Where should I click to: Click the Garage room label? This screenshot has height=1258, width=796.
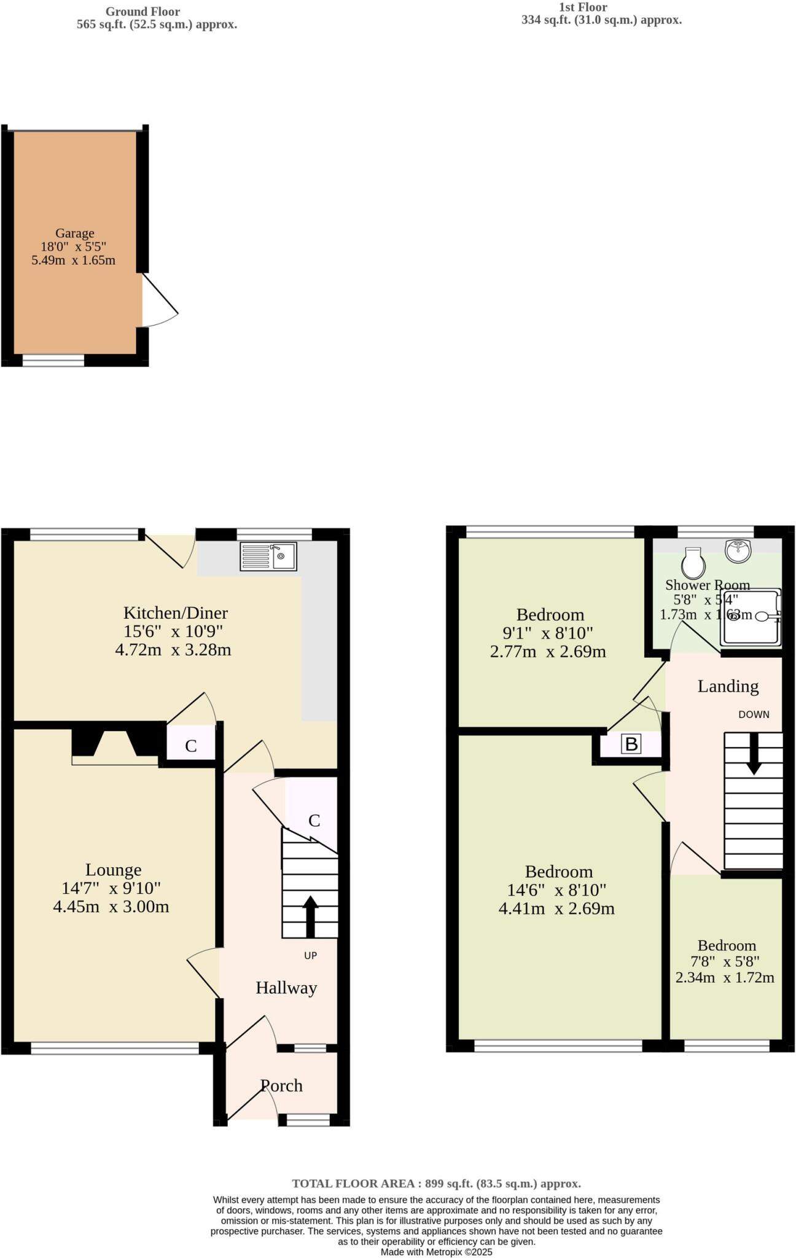(x=74, y=233)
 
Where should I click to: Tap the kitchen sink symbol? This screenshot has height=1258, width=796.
(x=268, y=557)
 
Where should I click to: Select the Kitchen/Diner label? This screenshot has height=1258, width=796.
(x=176, y=612)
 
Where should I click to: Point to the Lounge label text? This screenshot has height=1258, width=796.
(x=113, y=870)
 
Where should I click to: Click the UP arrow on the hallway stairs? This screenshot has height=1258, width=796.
(x=311, y=916)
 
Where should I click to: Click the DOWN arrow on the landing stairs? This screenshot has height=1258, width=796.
(x=753, y=753)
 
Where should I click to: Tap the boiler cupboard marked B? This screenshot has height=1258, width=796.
(x=631, y=744)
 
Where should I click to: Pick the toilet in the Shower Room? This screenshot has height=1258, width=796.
(x=692, y=563)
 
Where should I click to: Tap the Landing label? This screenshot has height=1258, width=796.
(x=728, y=686)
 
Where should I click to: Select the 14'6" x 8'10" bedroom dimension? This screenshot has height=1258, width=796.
(x=556, y=890)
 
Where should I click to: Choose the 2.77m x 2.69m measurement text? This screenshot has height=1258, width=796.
(x=548, y=652)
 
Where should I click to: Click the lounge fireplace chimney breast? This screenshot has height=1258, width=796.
(x=115, y=745)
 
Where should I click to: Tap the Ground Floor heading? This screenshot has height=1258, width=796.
(x=142, y=12)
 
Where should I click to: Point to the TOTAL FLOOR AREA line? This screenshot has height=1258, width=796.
(x=436, y=1184)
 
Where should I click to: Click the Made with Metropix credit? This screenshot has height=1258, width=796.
(x=436, y=1252)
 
